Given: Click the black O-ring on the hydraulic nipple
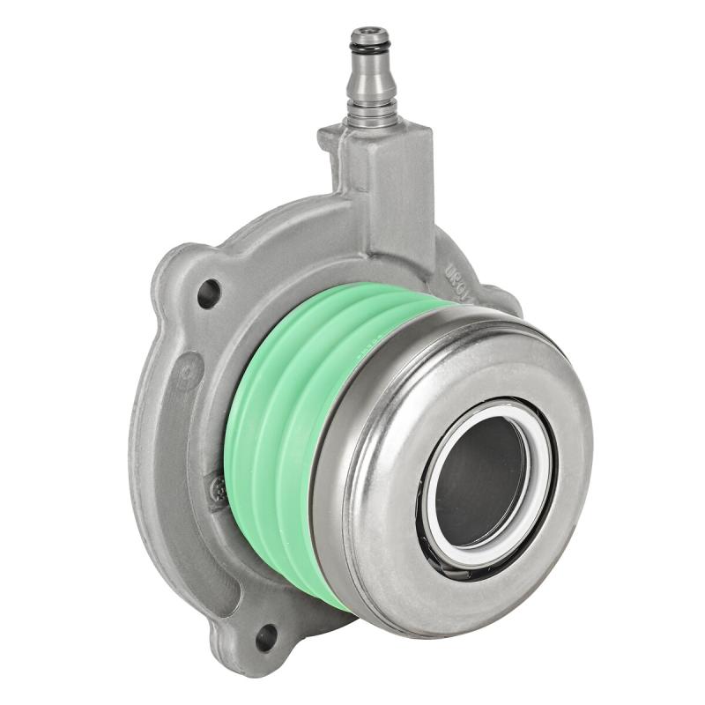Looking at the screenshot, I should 368,41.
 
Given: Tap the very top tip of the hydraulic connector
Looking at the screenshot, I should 368,29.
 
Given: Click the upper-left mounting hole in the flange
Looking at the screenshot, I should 208,293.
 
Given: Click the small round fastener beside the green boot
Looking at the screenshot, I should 219,488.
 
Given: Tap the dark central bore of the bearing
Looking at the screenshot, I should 479,480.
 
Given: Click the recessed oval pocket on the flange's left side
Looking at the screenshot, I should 163,493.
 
